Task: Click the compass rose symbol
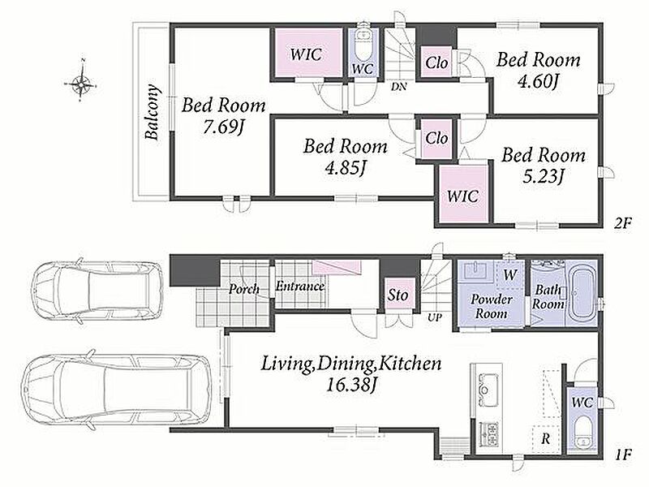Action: click(82, 84)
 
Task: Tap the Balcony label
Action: click(152, 112)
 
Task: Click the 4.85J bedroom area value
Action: click(346, 168)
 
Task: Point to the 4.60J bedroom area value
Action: click(538, 80)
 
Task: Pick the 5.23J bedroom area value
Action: click(544, 177)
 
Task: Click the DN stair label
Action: click(398, 87)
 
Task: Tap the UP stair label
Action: click(434, 317)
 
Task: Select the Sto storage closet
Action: click(398, 295)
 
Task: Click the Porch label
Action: click(244, 289)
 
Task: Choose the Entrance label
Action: click(300, 287)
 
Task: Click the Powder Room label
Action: click(492, 306)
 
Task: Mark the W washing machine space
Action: click(510, 274)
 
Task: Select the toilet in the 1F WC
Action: click(582, 433)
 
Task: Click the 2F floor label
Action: click(622, 224)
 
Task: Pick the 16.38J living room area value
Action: click(351, 385)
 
